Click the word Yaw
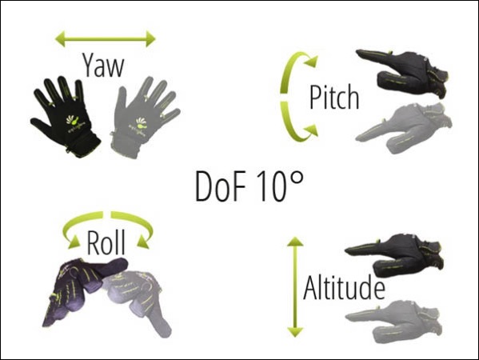103,66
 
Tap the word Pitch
334,97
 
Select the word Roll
106,242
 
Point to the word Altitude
344,287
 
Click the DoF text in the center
220,186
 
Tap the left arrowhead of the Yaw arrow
60,39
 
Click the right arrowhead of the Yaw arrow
150,39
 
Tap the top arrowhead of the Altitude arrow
295,241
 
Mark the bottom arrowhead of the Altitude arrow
295,332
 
